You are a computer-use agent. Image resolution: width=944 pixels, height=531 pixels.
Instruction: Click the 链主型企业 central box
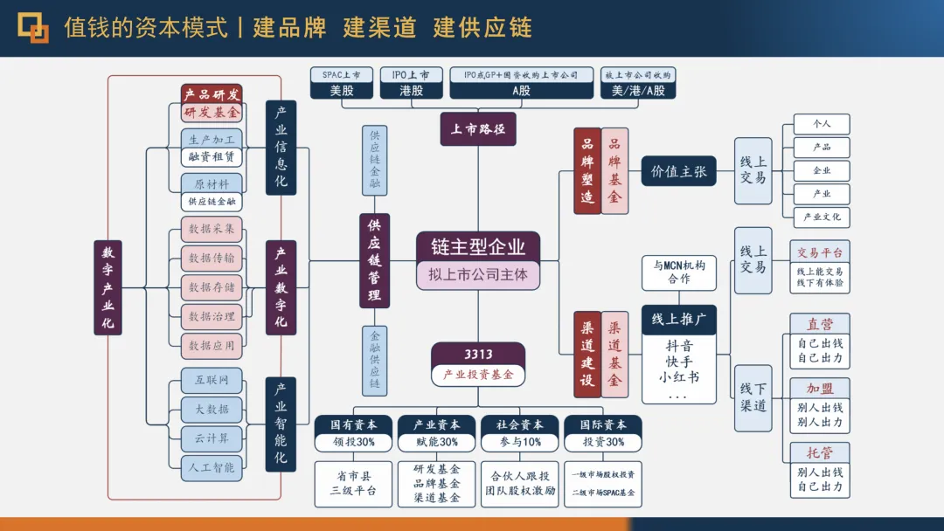tap(477, 245)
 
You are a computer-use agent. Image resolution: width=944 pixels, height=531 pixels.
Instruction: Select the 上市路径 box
tap(477, 129)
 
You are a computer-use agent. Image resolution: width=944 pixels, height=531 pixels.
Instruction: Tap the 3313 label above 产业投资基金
tap(477, 354)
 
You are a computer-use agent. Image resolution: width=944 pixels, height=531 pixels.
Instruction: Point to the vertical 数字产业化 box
tap(108, 287)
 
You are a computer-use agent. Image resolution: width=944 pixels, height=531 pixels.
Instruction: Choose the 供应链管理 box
tap(374, 260)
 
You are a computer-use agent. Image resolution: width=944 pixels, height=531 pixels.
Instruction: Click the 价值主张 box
tap(678, 171)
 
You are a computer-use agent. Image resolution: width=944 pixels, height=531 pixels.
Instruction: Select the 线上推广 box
tap(678, 320)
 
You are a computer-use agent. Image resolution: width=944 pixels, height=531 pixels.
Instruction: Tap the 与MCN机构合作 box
tap(678, 272)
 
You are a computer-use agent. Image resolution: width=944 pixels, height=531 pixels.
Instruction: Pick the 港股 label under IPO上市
tap(411, 91)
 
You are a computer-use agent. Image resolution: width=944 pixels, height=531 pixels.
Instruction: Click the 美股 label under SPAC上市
tap(341, 91)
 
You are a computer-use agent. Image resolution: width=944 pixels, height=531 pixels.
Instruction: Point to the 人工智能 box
tap(212, 467)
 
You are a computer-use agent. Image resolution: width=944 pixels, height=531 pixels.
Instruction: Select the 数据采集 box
tap(212, 229)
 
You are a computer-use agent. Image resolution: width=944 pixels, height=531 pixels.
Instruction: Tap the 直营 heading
tap(820, 324)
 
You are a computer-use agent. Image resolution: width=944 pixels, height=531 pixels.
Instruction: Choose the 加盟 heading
tap(820, 388)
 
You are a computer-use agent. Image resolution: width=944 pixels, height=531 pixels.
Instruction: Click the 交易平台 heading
tap(820, 252)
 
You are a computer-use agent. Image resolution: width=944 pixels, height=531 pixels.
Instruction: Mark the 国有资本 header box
tap(353, 424)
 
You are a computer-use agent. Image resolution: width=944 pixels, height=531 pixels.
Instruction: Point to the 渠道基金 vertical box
tap(614, 354)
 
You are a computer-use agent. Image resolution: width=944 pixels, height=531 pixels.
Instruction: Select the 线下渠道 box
tap(753, 397)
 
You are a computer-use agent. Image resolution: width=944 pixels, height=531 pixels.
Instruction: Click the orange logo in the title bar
tap(34, 28)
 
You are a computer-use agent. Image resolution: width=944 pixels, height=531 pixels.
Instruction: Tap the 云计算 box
tap(212, 438)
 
